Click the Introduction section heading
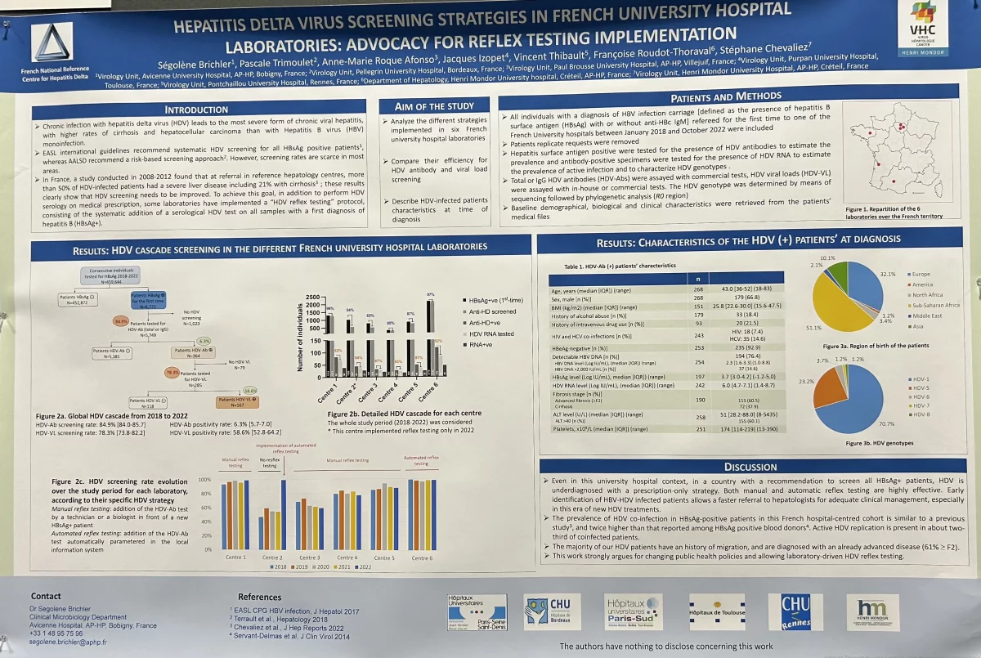(x=196, y=110)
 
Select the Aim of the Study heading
(x=434, y=106)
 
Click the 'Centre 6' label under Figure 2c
(x=422, y=557)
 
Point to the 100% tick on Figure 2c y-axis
(x=204, y=480)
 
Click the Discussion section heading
(x=751, y=467)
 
